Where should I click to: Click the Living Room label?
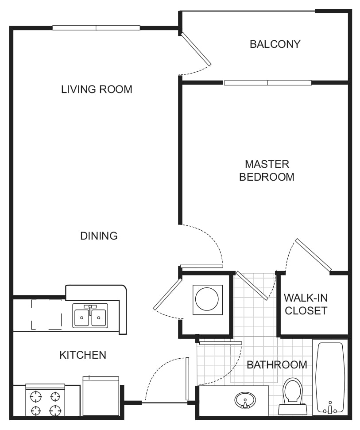(97, 89)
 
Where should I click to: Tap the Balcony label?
(275, 44)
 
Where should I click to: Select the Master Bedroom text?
(267, 170)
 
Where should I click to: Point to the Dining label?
(99, 236)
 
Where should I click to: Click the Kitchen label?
(83, 355)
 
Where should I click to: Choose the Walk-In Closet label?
(306, 304)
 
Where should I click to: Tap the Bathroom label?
(277, 365)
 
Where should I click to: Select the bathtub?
(330, 376)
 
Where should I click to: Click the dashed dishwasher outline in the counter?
(46, 314)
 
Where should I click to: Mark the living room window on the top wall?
(96, 28)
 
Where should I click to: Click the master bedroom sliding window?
(267, 83)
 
